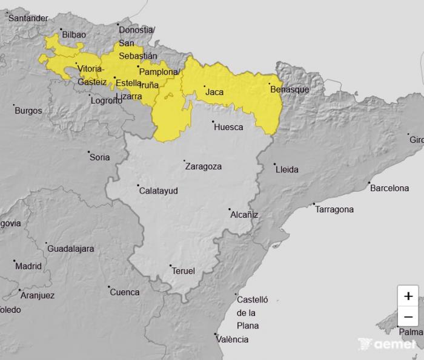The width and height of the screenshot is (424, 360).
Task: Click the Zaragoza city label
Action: tap(204, 166)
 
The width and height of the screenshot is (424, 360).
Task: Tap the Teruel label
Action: tap(184, 271)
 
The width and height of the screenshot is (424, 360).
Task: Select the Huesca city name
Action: tap(228, 127)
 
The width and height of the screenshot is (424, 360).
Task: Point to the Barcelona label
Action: tap(389, 188)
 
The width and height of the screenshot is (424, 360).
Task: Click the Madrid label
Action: tap(28, 266)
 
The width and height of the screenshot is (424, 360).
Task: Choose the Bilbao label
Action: tap(74, 34)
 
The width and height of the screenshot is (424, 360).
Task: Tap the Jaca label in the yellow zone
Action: tap(214, 93)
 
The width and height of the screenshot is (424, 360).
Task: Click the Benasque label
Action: tap(290, 90)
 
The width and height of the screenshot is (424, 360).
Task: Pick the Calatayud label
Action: tap(159, 191)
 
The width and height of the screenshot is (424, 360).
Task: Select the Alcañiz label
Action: tap(244, 215)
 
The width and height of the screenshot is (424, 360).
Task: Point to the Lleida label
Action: tap(287, 169)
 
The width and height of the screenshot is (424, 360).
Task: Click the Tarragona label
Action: tap(334, 209)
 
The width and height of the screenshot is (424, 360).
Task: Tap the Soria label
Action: tap(100, 157)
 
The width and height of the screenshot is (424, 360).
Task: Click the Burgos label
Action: tap(28, 111)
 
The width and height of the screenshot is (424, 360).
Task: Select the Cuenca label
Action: tap(125, 292)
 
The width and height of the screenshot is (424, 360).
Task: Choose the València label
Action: tap(233, 339)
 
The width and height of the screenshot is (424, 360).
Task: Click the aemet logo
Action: tap(387, 344)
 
